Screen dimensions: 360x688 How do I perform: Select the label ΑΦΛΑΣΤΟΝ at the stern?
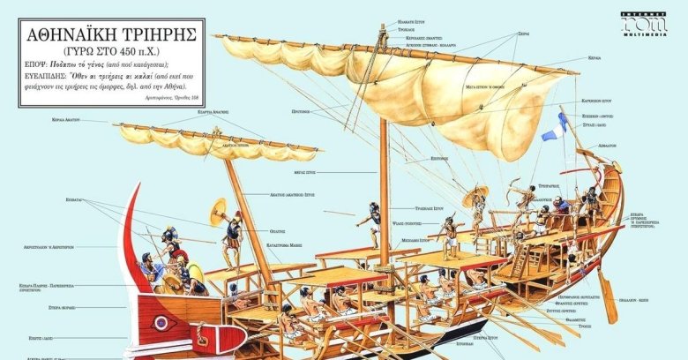click(x=632, y=143)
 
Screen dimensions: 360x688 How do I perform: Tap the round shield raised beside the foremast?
click(x=216, y=212)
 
